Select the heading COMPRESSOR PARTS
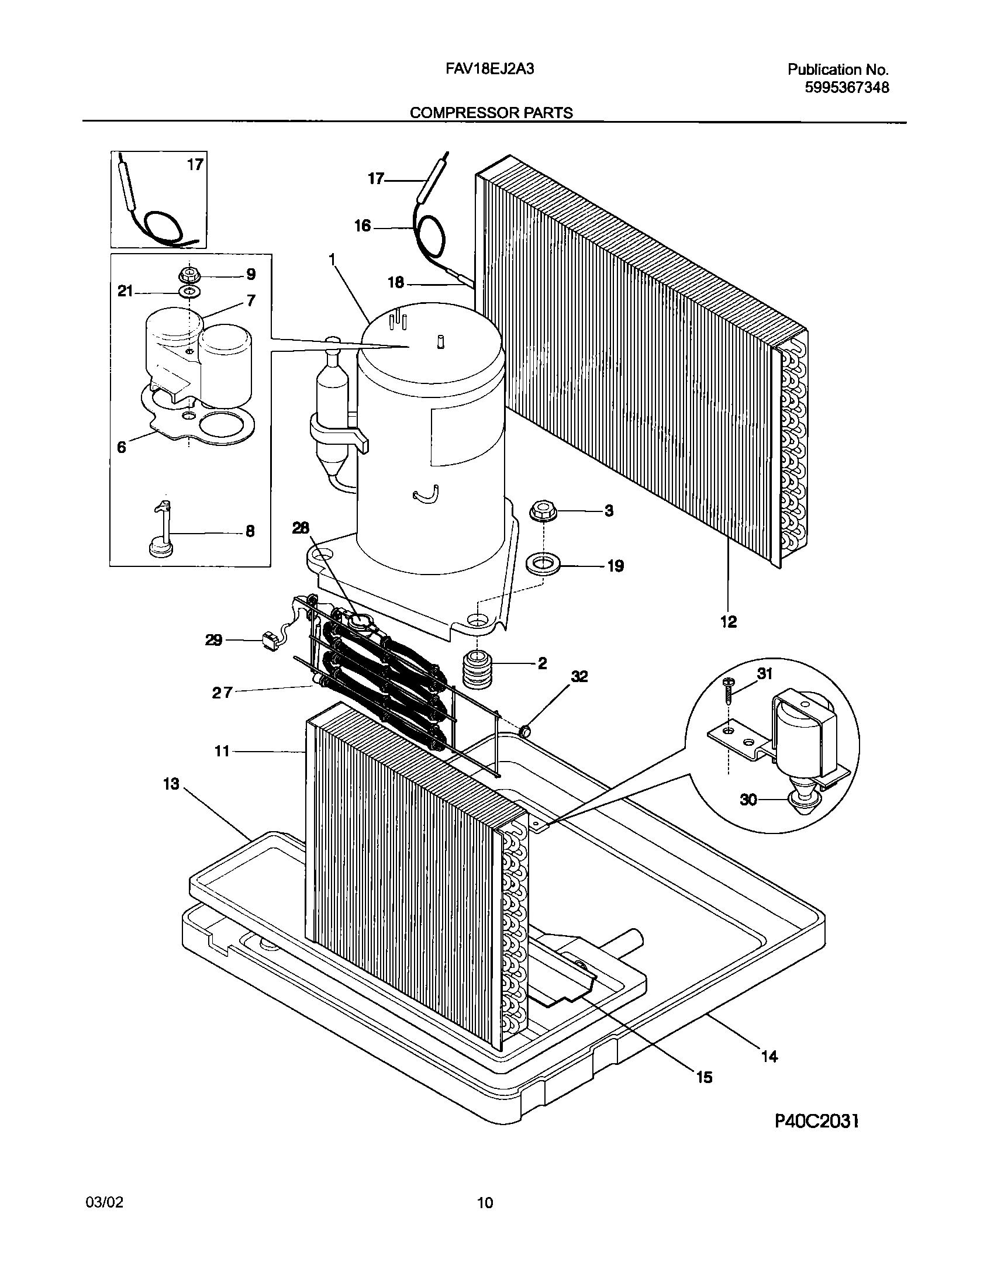(x=491, y=113)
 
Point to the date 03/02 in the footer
(x=105, y=1203)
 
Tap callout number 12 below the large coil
(x=728, y=622)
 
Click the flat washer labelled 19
(x=543, y=565)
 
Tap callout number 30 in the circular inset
(x=748, y=800)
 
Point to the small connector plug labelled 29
(x=270, y=641)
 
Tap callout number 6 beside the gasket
(x=121, y=447)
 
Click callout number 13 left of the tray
(x=171, y=784)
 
